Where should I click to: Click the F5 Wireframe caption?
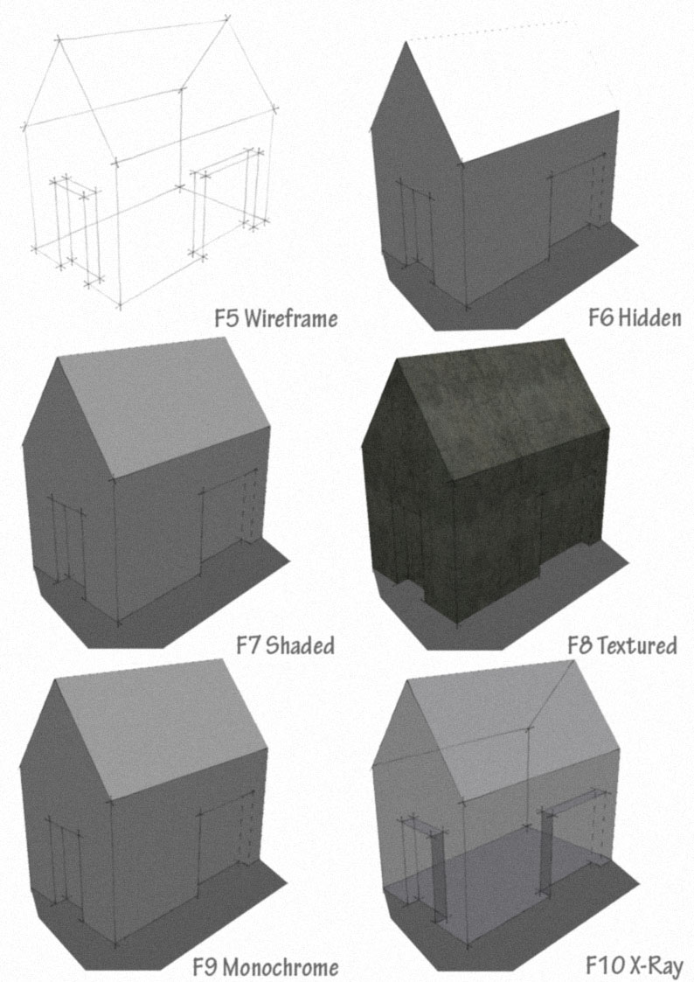275,317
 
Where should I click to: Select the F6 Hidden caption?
635,317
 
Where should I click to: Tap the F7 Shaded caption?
285,646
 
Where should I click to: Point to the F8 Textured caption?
621,646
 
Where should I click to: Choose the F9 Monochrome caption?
265,966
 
